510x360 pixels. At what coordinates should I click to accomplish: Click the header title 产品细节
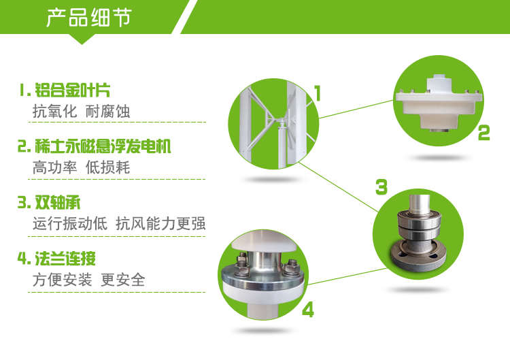click(x=89, y=17)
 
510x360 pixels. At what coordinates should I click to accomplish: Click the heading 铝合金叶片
click(x=73, y=90)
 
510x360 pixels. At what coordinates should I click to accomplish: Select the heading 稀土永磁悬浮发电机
click(x=103, y=146)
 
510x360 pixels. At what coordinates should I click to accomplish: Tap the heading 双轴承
click(x=58, y=203)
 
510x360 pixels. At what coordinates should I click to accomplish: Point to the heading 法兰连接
click(x=65, y=259)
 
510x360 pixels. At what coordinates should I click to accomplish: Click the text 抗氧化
click(x=54, y=112)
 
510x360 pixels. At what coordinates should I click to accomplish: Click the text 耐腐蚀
click(x=107, y=112)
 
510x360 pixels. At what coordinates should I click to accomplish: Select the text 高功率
click(x=54, y=167)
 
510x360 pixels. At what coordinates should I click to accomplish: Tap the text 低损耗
click(x=107, y=167)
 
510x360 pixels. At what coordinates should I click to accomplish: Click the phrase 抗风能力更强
click(x=160, y=224)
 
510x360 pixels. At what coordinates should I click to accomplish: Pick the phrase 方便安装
click(x=62, y=280)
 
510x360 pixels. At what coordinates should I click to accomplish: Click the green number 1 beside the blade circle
click(x=318, y=93)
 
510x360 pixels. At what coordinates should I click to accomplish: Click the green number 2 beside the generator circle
click(x=483, y=133)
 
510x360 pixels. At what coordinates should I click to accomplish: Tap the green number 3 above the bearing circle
click(x=381, y=187)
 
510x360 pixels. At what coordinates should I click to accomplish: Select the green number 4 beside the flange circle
click(x=307, y=309)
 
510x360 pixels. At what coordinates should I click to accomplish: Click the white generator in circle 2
click(x=439, y=103)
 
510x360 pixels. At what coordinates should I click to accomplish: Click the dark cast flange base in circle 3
click(x=418, y=255)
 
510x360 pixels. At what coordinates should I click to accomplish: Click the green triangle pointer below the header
click(x=82, y=39)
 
